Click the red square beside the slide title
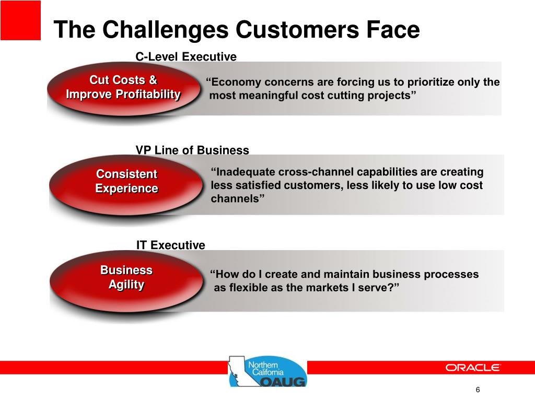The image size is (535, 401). (20, 20)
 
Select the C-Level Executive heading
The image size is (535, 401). (186, 56)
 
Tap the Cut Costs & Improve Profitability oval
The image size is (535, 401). (123, 89)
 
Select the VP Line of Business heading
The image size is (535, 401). (192, 150)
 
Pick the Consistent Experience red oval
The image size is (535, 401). (126, 185)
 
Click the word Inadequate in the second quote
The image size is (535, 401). (242, 172)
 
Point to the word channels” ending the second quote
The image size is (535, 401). (238, 198)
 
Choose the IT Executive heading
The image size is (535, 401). (171, 245)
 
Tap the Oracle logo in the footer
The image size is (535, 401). (472, 368)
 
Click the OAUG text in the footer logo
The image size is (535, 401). (284, 381)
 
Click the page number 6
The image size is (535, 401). (478, 390)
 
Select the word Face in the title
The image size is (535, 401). (393, 30)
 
